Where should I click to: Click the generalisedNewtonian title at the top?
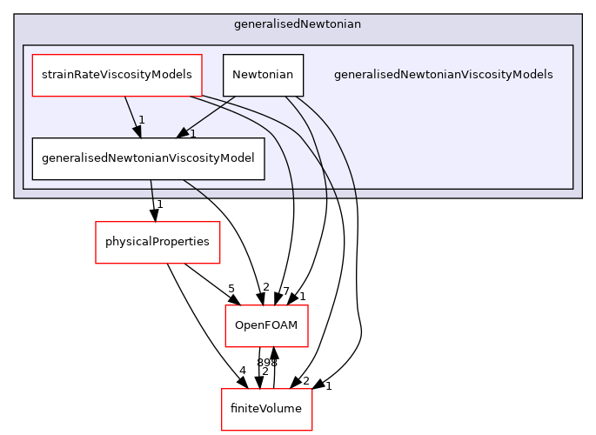(x=298, y=24)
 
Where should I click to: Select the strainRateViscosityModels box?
(x=117, y=75)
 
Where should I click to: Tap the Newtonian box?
(x=263, y=75)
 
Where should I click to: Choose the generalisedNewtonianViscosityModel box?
(x=148, y=158)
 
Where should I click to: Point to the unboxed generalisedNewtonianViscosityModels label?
(x=443, y=75)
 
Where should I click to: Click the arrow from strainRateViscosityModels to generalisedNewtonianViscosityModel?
(x=131, y=115)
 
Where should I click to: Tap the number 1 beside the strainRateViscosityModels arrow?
(x=141, y=119)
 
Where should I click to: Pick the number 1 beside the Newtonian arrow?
(x=192, y=133)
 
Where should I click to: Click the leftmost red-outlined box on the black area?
(x=157, y=242)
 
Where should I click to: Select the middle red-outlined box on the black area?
(x=266, y=325)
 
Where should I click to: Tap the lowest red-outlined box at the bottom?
(x=266, y=409)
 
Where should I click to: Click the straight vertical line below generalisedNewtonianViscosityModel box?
(x=151, y=189)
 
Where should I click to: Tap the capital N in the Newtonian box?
(x=236, y=75)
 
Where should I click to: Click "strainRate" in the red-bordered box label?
(x=69, y=75)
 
